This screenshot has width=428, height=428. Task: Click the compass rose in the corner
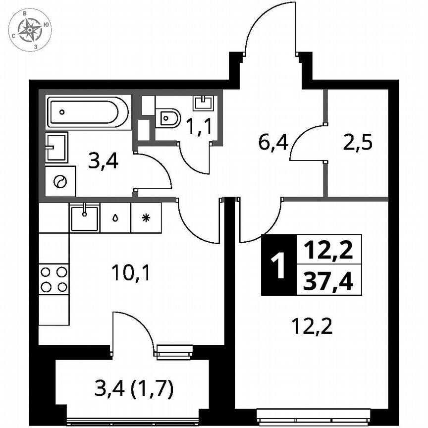click(x=30, y=30)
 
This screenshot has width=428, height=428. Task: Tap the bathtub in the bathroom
click(x=88, y=112)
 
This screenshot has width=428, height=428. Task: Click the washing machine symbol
click(x=60, y=182)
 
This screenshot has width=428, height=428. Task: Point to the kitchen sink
click(x=85, y=217)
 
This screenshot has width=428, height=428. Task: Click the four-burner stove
click(x=53, y=279)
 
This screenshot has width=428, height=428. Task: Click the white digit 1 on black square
click(x=278, y=265)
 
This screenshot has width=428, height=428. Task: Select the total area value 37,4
click(x=328, y=282)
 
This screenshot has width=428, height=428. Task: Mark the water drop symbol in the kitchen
click(x=115, y=217)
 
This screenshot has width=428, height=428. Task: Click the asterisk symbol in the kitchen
click(x=146, y=217)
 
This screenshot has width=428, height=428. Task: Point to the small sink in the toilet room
click(x=204, y=103)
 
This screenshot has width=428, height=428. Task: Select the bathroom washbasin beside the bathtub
click(x=56, y=147)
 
